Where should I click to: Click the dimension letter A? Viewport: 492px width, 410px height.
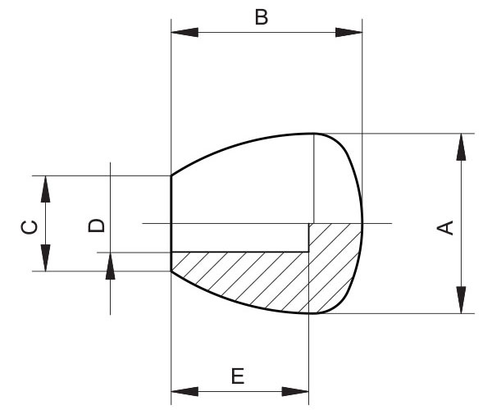(x=445, y=228)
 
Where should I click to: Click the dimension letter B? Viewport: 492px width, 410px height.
(x=262, y=17)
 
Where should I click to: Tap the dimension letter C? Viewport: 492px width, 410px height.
(x=30, y=227)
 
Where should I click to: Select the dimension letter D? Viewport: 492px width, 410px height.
(x=96, y=225)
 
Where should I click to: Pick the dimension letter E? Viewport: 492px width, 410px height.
(x=238, y=376)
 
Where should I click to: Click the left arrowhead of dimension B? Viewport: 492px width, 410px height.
(x=184, y=32)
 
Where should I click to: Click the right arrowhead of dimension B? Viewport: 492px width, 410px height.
(x=348, y=32)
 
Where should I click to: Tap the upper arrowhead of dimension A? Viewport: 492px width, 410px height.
(x=461, y=147)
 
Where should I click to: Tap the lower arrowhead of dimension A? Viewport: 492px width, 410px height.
(x=461, y=299)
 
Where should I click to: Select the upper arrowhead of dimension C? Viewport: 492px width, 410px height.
(x=45, y=189)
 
